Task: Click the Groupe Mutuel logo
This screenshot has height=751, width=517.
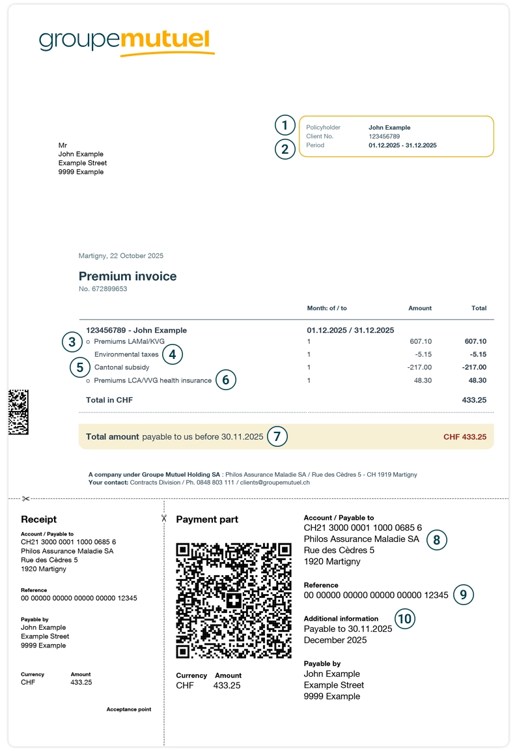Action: click(x=126, y=42)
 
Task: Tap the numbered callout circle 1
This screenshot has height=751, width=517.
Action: click(x=285, y=125)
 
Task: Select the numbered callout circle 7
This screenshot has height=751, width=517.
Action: click(x=277, y=436)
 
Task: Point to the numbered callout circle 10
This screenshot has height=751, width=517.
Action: click(x=405, y=618)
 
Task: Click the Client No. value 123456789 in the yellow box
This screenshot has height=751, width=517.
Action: click(x=384, y=137)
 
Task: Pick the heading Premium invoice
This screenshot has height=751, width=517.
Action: click(x=128, y=276)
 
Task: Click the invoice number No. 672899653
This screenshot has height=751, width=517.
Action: click(x=103, y=289)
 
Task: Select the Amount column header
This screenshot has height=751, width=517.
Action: click(x=420, y=308)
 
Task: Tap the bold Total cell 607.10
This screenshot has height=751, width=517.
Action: click(x=475, y=341)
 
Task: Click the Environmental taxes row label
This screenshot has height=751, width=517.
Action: click(x=126, y=354)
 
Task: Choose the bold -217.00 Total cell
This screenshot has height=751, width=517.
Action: click(x=473, y=367)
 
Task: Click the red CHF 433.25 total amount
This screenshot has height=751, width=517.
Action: click(x=465, y=437)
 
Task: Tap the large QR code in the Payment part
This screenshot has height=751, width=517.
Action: click(x=234, y=601)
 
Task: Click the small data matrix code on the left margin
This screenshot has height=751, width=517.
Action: click(x=18, y=412)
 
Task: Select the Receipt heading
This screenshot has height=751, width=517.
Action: click(x=39, y=519)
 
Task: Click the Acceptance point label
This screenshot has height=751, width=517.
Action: click(x=129, y=709)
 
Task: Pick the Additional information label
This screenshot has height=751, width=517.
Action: click(x=341, y=619)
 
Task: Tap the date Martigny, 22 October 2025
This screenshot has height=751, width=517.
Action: click(x=121, y=256)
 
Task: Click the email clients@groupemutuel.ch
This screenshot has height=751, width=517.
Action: click(x=277, y=483)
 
